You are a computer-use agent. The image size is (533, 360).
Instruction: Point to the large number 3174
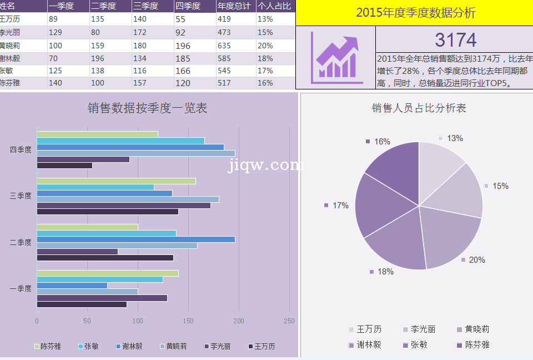455,40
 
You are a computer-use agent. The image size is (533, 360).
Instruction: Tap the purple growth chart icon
335,57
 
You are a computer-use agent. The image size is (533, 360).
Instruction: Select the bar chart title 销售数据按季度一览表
147,108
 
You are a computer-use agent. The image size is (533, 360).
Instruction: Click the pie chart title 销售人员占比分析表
419,108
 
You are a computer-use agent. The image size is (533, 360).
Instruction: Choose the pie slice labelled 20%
451,236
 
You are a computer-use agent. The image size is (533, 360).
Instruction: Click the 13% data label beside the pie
455,138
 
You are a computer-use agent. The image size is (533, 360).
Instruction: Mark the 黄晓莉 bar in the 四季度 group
135,153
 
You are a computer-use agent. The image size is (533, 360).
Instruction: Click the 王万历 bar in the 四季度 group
64,166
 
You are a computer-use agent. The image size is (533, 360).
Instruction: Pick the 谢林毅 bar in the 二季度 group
135,239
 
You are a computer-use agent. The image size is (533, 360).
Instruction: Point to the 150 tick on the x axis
188,321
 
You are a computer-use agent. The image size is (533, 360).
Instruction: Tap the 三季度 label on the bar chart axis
21,196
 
